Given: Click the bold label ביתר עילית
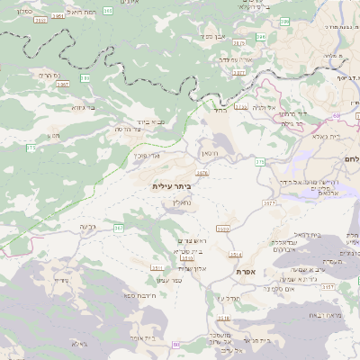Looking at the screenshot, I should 172,185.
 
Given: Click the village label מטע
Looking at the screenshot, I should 54,135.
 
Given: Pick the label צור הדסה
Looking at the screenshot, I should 134,130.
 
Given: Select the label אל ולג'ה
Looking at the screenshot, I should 263,107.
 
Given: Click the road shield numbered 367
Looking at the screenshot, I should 118,229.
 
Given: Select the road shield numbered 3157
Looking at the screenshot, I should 328,286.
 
